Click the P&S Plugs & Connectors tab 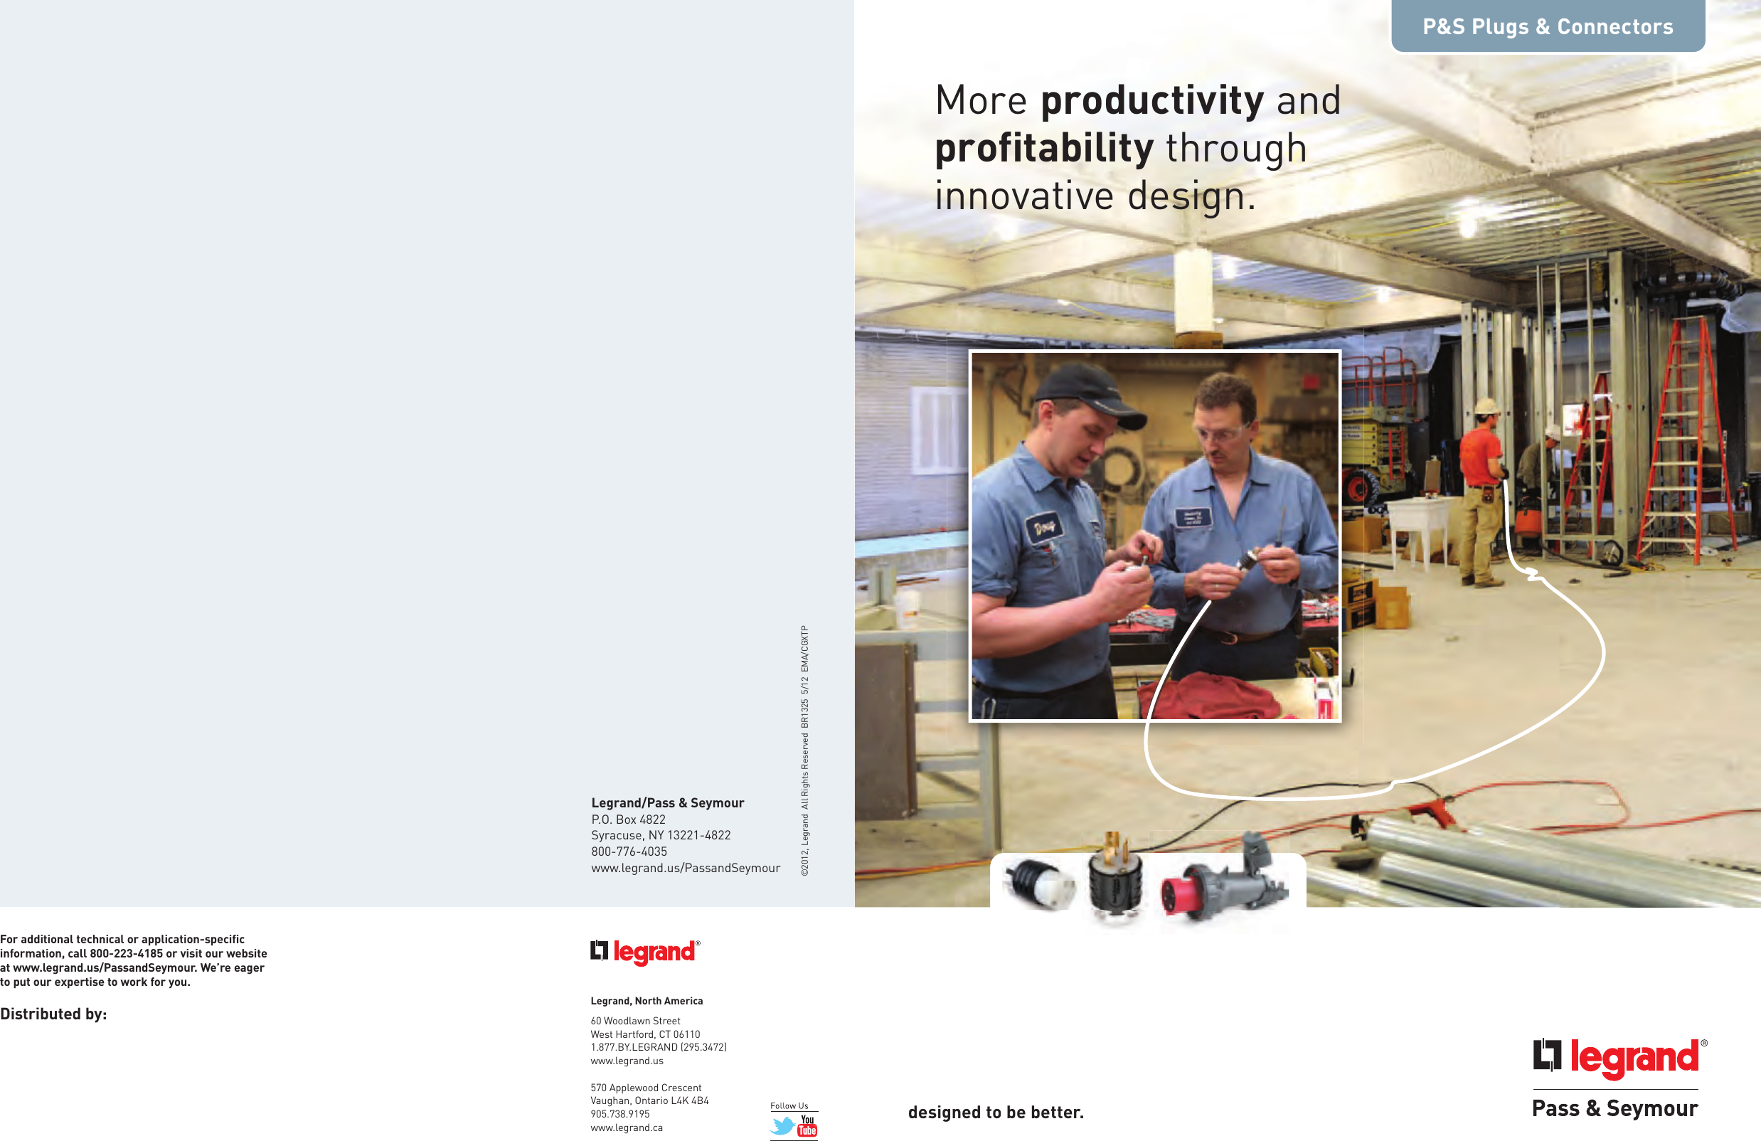click(x=1547, y=26)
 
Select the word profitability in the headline click(x=1043, y=149)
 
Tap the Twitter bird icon click(x=782, y=1125)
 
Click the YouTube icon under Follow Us click(x=807, y=1125)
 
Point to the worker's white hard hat click(x=1486, y=406)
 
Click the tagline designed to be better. click(x=995, y=1112)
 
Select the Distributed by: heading click(x=53, y=1014)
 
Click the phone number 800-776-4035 click(x=629, y=851)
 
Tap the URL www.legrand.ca click(x=627, y=1127)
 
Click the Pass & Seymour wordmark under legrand click(x=1614, y=1108)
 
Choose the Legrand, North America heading click(x=647, y=1001)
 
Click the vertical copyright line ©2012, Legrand click(x=805, y=751)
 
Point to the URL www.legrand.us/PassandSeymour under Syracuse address click(x=685, y=868)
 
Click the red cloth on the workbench click(x=1213, y=696)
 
